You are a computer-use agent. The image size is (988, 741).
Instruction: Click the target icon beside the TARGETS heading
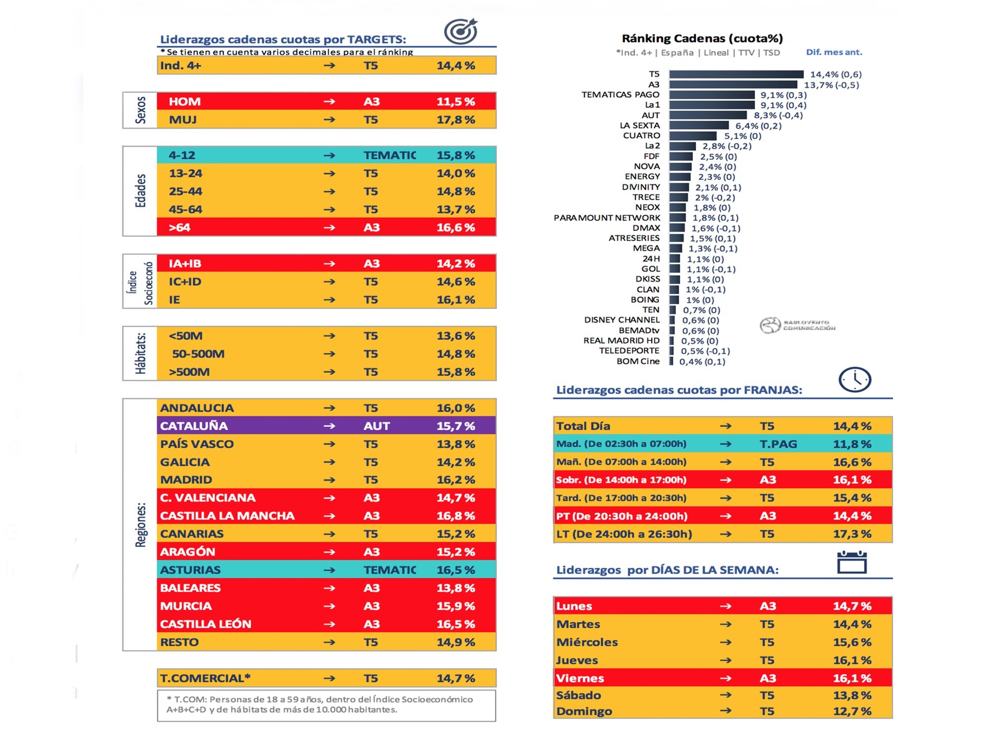[460, 31]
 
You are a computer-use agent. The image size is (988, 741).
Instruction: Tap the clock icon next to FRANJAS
[855, 380]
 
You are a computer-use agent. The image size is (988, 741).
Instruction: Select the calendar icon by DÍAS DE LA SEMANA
[852, 563]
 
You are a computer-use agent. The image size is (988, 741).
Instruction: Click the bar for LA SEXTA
[699, 125]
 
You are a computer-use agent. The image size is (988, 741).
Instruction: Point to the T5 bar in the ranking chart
[736, 74]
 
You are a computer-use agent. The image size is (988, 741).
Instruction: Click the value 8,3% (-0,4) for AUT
[778, 115]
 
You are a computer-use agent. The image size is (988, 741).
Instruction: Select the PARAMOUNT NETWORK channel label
[607, 218]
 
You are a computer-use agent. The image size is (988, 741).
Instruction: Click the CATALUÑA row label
[194, 426]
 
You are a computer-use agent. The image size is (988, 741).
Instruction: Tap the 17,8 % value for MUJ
[455, 120]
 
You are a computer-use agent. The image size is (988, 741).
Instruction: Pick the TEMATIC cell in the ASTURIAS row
[389, 570]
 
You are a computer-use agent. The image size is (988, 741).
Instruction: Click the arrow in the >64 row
[329, 228]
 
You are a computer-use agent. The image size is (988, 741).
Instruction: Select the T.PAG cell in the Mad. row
[778, 444]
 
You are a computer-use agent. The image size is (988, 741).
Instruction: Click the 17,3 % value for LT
[852, 534]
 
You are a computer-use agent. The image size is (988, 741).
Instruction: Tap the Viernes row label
[580, 678]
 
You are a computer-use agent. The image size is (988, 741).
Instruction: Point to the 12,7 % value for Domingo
[852, 711]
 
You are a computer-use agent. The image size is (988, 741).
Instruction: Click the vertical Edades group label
[141, 191]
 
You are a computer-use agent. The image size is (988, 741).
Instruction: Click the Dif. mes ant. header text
[834, 52]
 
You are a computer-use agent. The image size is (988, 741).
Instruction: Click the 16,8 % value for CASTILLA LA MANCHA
[455, 516]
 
